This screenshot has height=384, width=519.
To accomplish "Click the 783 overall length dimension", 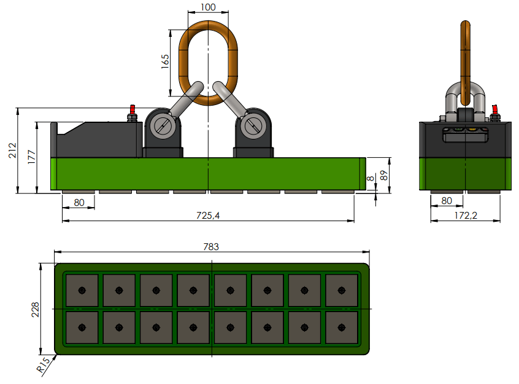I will (212, 246).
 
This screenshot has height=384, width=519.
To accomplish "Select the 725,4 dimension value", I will (208, 216).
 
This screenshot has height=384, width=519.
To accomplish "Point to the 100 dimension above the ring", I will (208, 7).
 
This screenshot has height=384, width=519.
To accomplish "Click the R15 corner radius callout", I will (42, 366).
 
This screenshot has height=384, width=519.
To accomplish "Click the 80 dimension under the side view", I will (447, 200).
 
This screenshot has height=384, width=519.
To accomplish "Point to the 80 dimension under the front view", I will (79, 202).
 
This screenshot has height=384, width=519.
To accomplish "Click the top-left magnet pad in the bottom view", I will (81, 290).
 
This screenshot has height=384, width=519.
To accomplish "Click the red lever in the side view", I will (495, 111).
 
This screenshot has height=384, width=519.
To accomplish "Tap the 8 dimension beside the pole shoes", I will (369, 179).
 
